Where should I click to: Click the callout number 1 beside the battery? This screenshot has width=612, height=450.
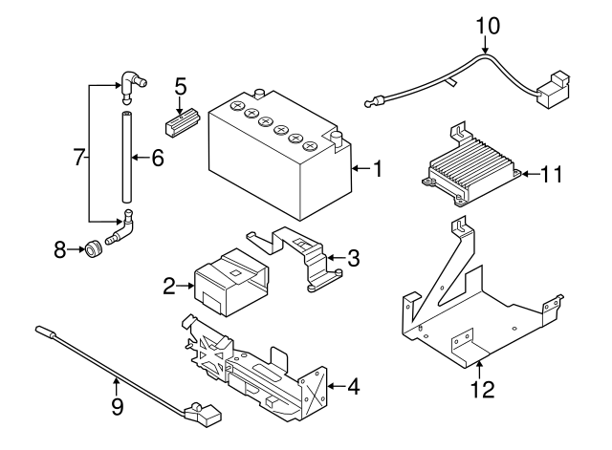(378, 170)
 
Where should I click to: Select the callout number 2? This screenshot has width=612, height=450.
(168, 284)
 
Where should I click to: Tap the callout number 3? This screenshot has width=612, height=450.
(353, 257)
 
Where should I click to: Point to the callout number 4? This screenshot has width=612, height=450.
(353, 387)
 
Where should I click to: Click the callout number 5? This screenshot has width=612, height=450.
(181, 86)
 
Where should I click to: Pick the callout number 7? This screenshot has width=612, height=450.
(79, 156)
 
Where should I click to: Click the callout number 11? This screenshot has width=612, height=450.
(552, 174)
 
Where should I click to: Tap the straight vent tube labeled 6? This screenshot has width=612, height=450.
(123, 158)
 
